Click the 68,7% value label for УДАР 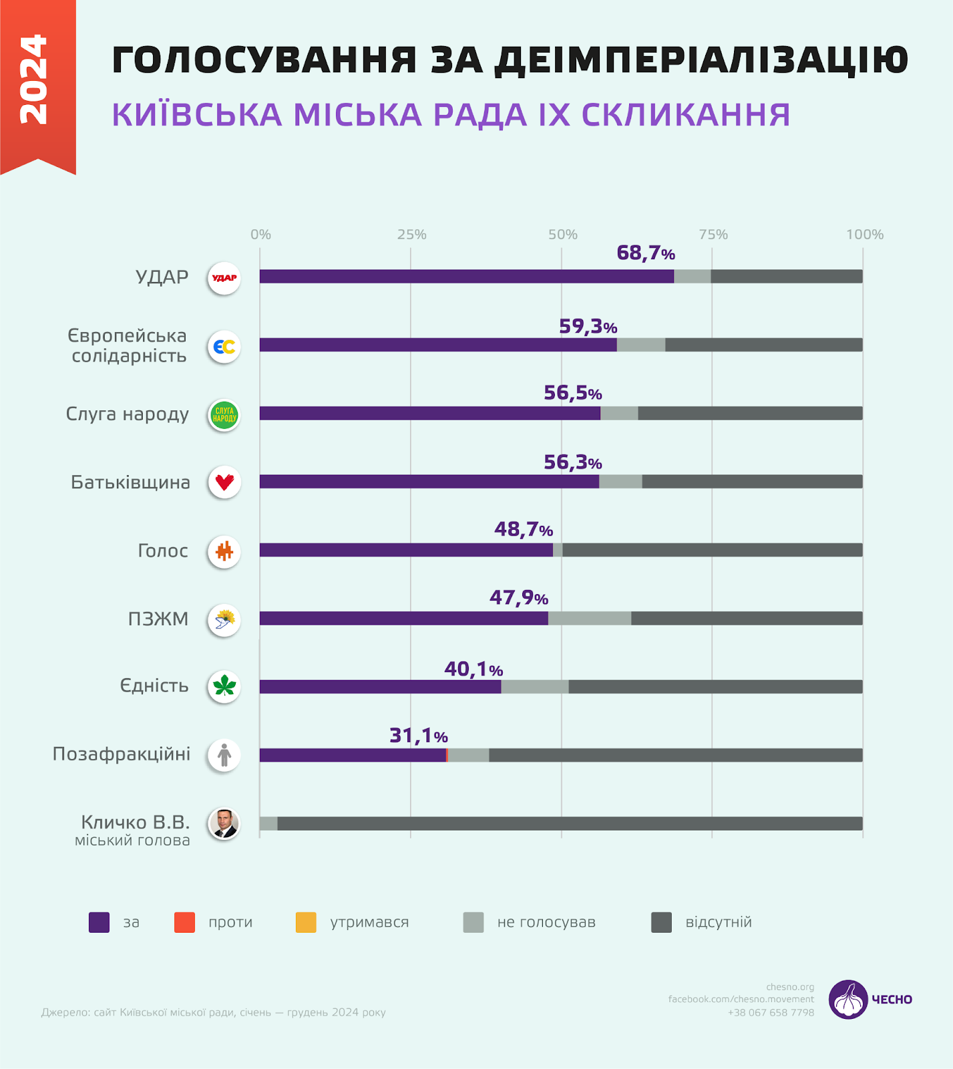645,253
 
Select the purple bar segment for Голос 406,550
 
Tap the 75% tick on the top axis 713,235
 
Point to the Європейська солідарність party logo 224,347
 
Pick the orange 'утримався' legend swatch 306,922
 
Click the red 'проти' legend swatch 184,922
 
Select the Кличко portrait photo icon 224,823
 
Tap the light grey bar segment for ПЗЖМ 589,619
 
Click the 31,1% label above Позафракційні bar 418,736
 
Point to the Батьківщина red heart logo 224,482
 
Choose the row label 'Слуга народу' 128,414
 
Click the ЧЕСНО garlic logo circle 848,1000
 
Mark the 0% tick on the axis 260,235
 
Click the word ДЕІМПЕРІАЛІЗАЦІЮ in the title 701,60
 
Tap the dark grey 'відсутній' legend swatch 661,922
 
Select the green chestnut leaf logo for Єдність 224,686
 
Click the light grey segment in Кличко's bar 268,823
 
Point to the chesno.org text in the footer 790,987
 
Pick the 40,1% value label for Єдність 473,669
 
